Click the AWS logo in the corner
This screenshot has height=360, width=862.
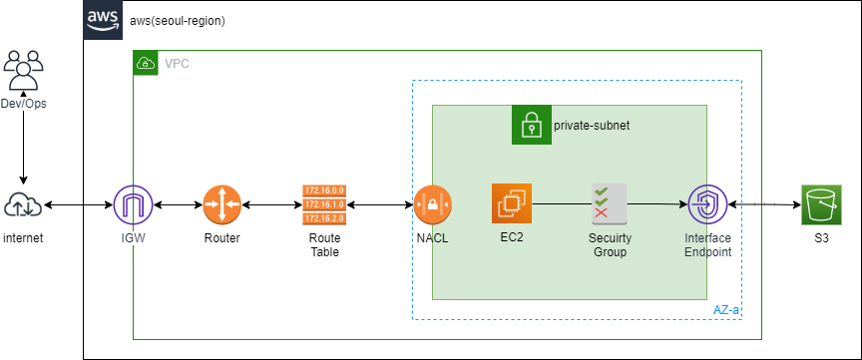pos(103,20)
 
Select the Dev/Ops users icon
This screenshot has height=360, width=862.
pos(23,70)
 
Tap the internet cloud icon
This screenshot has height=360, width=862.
pos(23,205)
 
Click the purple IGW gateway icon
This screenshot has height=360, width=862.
pos(133,205)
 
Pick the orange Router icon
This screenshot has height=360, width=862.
pos(222,205)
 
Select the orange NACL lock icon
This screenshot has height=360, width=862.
pos(432,205)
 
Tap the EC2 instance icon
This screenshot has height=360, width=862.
pos(512,203)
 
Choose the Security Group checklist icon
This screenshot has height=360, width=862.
pos(610,204)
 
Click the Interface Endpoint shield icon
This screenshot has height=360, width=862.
pos(707,204)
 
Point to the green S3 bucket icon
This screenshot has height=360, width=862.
pos(821,204)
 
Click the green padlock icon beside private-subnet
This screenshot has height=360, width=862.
pos(532,125)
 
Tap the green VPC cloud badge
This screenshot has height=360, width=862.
pos(146,63)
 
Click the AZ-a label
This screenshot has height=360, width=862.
pos(726,310)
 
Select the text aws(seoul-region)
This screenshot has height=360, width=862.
pos(177,21)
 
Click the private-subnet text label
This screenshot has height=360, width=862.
pos(592,126)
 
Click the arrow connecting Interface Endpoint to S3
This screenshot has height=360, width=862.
pos(764,205)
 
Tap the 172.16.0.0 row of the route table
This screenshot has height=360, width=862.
pos(324,191)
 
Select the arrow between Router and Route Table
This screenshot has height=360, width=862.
pos(272,205)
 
